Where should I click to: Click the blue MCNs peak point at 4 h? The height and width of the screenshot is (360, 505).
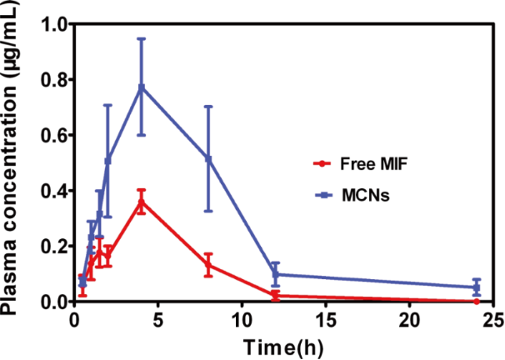(x=142, y=87)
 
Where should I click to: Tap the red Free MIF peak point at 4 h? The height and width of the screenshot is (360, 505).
(x=142, y=201)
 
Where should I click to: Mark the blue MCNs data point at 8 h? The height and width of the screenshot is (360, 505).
(x=208, y=158)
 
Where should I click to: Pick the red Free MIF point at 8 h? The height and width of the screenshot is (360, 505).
(x=208, y=265)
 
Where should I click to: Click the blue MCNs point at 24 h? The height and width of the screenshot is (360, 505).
(x=477, y=287)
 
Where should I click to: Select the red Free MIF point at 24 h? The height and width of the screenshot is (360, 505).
(x=477, y=301)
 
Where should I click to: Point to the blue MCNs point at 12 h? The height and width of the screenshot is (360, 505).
(x=276, y=274)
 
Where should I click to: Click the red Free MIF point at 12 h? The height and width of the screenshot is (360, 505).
(x=276, y=295)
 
